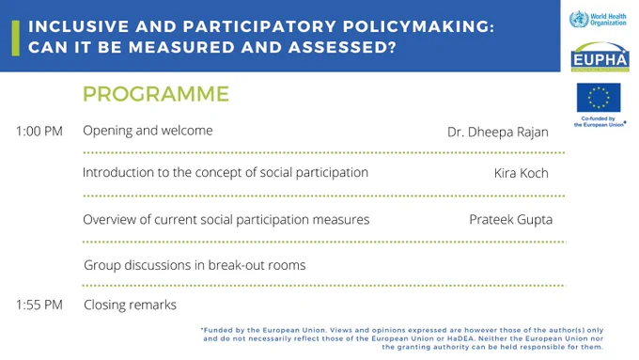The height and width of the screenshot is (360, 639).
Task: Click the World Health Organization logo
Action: coord(598,19)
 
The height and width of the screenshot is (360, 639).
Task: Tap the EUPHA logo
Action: coord(600,56)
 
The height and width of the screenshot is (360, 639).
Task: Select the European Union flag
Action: coord(599,98)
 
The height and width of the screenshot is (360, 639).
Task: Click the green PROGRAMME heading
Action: coord(156,94)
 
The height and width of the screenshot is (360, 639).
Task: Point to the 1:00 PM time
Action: coord(39,132)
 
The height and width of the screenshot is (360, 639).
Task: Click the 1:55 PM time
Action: coord(39,305)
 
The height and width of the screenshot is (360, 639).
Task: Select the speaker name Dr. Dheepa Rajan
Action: coord(498,133)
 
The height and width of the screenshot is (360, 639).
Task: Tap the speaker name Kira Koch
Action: coord(522,173)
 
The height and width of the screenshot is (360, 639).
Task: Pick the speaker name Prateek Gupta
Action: coord(510,220)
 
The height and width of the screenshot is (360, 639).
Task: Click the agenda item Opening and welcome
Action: coord(148,131)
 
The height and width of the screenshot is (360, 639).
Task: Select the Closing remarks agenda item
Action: coord(130,305)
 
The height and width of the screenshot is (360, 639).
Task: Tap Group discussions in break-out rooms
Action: coord(195,265)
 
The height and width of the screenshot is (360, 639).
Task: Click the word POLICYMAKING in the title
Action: coord(418,26)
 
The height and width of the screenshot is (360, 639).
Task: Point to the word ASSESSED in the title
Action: coord(342,47)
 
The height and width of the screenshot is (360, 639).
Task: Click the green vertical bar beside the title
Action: coord(16,39)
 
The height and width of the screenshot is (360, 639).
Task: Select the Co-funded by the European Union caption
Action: coord(600,121)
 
